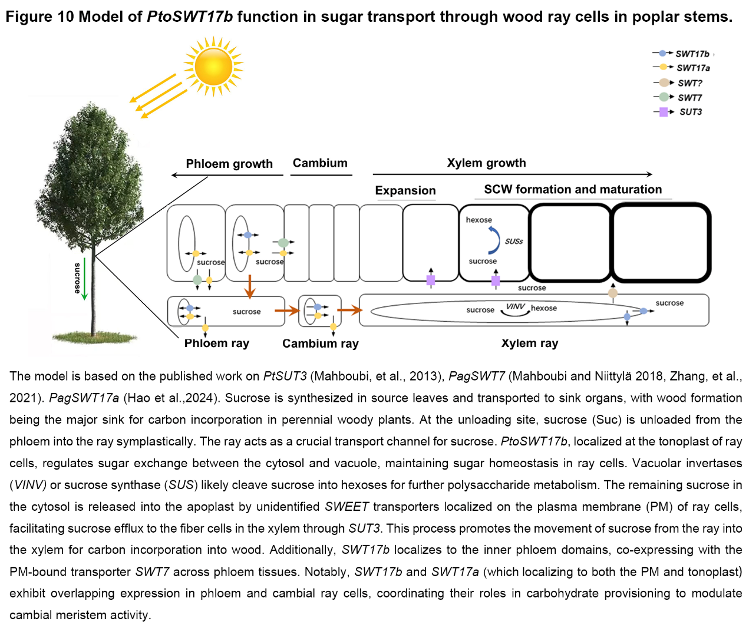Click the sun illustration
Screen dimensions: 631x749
pyautogui.click(x=213, y=66)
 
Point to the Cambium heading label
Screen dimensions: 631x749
pyautogui.click(x=320, y=163)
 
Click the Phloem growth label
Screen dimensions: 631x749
pyautogui.click(x=229, y=164)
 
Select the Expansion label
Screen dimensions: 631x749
pyautogui.click(x=405, y=191)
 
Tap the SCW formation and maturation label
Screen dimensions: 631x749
pyautogui.click(x=573, y=190)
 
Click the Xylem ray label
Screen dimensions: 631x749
pyautogui.click(x=529, y=343)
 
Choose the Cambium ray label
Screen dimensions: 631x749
pyautogui.click(x=320, y=343)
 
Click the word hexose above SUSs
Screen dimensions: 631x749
pyautogui.click(x=479, y=220)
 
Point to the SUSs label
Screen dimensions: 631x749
pyautogui.click(x=514, y=242)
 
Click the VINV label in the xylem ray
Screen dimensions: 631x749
pyautogui.click(x=515, y=306)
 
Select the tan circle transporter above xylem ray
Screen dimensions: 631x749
pyautogui.click(x=613, y=293)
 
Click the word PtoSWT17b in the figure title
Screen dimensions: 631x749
pyautogui.click(x=190, y=16)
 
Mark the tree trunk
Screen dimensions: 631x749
pyautogui.click(x=93, y=295)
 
